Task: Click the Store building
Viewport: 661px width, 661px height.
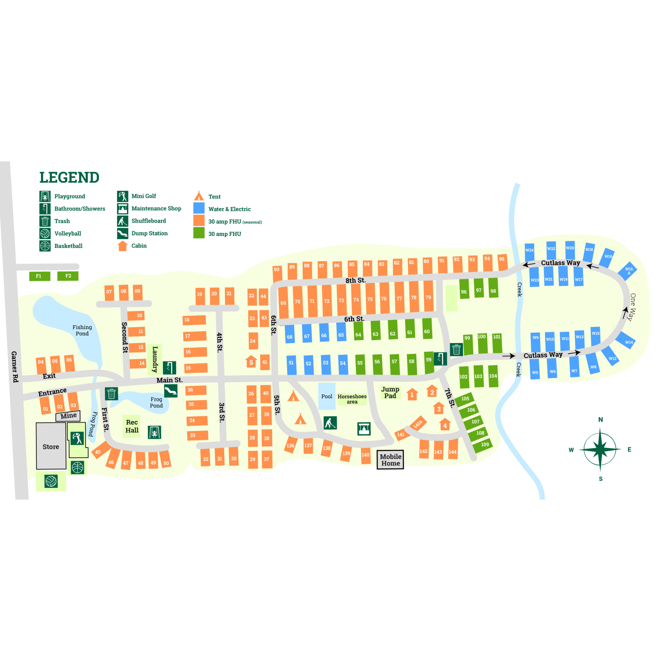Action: pyautogui.click(x=51, y=446)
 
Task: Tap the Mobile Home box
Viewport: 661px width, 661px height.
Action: pyautogui.click(x=391, y=460)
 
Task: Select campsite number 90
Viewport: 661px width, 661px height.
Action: pyautogui.click(x=277, y=270)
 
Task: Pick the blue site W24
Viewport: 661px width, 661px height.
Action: pyautogui.click(x=529, y=250)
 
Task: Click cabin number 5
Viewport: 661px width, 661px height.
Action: pyautogui.click(x=251, y=362)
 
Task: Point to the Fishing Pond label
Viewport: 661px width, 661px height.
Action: pyautogui.click(x=82, y=330)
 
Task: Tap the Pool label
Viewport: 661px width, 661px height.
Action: pyautogui.click(x=326, y=397)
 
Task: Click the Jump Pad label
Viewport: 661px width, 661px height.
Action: pyautogui.click(x=390, y=392)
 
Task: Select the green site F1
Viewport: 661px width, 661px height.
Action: pyautogui.click(x=39, y=276)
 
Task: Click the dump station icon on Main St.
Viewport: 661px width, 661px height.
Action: pyautogui.click(x=171, y=391)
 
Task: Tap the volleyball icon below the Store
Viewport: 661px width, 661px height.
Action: pyautogui.click(x=51, y=481)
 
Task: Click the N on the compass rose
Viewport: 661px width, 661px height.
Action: pyautogui.click(x=600, y=420)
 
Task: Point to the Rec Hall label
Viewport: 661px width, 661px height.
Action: pyautogui.click(x=132, y=426)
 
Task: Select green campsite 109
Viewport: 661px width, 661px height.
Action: pyautogui.click(x=484, y=445)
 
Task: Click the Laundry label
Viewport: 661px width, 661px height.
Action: pyautogui.click(x=155, y=359)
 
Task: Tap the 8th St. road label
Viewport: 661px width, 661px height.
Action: pyautogui.click(x=355, y=280)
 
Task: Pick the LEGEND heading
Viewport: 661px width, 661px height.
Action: pyautogui.click(x=69, y=178)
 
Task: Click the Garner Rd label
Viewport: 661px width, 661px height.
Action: pyautogui.click(x=15, y=366)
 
